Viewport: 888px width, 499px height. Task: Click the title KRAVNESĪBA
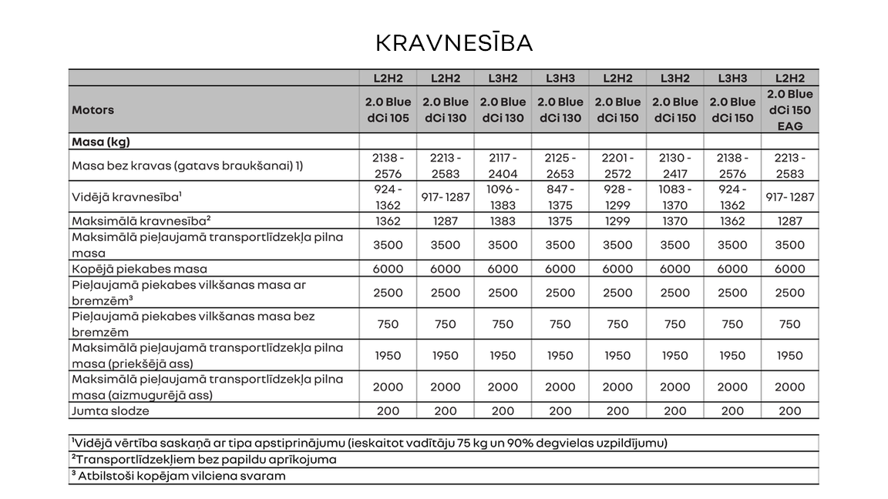[x=454, y=43]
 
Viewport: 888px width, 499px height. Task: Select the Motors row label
[x=92, y=109]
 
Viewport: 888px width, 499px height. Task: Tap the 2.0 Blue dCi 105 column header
[x=388, y=109]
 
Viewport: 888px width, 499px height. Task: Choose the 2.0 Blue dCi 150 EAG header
[x=789, y=109]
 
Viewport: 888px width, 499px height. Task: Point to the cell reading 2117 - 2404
[x=503, y=166]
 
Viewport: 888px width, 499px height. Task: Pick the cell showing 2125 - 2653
[x=560, y=166]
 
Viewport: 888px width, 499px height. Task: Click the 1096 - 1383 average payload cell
[x=503, y=197]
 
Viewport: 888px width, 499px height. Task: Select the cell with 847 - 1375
[x=560, y=197]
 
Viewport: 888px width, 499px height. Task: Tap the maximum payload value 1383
[x=503, y=221]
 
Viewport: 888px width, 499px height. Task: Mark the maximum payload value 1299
[x=617, y=221]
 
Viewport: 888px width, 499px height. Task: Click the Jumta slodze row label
[x=110, y=411]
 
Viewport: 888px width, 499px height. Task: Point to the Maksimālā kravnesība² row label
[x=141, y=221]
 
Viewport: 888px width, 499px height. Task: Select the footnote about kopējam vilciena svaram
[x=178, y=476]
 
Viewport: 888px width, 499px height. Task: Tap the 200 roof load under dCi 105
[x=388, y=411]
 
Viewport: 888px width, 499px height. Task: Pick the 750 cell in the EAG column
[x=789, y=324]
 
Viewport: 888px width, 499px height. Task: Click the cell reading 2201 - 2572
[x=617, y=166]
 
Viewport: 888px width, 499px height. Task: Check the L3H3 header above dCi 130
[x=560, y=78]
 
